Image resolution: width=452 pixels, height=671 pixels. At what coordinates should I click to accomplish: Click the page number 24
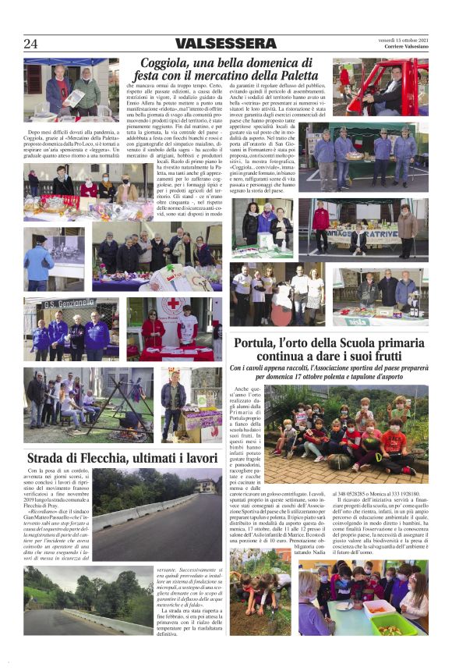tap(30, 44)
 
